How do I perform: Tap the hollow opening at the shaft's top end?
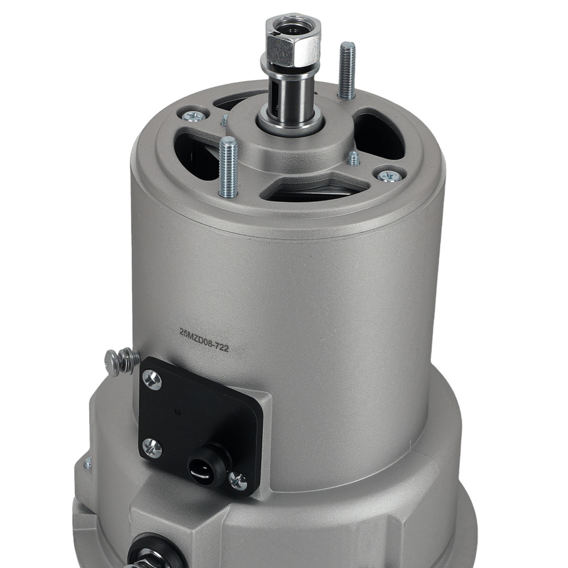294,29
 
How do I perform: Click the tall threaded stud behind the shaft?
346,70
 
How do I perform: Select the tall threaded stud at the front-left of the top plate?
228,168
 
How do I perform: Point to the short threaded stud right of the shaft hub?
353,158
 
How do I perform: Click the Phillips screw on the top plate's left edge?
195,115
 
